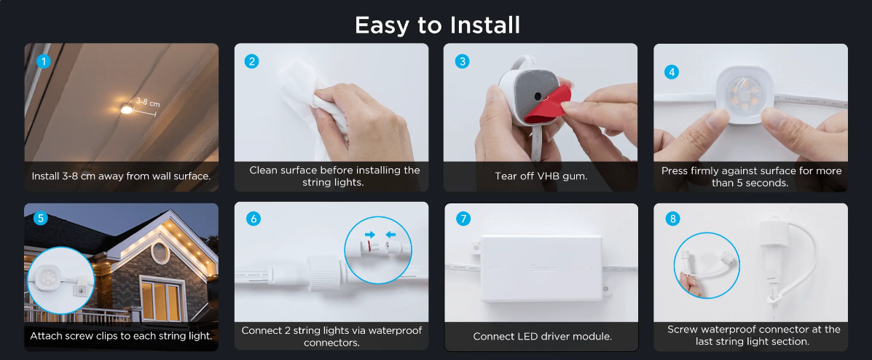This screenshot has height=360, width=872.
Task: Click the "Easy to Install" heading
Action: point(437,25)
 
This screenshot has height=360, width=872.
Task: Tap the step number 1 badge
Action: point(43,61)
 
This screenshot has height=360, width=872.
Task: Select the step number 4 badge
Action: point(672,71)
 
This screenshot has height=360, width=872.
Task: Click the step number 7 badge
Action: point(463,219)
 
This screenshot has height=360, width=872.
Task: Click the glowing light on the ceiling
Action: point(127,109)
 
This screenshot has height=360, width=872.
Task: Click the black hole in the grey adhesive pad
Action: point(538,96)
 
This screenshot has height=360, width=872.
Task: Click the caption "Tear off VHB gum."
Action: point(541,176)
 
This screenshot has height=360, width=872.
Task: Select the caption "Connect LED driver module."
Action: point(542,337)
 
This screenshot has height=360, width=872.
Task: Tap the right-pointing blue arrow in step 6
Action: point(368,234)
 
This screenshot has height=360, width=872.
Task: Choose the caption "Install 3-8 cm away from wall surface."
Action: point(121,176)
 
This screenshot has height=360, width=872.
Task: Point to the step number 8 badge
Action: point(673,219)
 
